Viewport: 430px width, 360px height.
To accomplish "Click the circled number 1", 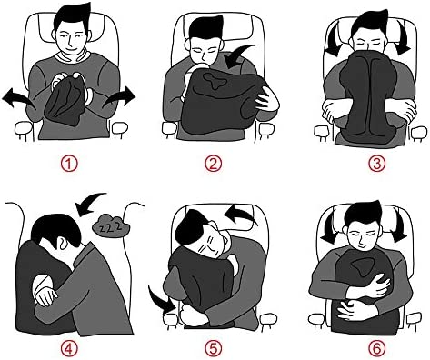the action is tap(69, 164).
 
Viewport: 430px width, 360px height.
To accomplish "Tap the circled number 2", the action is tap(214, 164).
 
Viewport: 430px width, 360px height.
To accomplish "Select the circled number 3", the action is tap(376, 164).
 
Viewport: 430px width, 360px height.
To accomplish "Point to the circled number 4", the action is tap(69, 348).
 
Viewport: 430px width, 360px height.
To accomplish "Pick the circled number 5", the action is tap(214, 348).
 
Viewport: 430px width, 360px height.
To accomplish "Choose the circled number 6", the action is tap(376, 348).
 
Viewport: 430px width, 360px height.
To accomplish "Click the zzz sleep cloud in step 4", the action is tap(111, 225).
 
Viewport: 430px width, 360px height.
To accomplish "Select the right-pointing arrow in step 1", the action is tap(120, 97).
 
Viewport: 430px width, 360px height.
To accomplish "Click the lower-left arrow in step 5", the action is tap(159, 300).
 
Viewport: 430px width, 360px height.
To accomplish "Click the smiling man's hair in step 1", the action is tap(72, 17).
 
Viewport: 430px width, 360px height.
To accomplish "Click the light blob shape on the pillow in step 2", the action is tap(215, 80).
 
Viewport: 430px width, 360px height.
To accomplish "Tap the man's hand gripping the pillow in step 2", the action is tap(267, 98).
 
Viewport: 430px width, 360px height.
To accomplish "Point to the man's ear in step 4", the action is tap(61, 243).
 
